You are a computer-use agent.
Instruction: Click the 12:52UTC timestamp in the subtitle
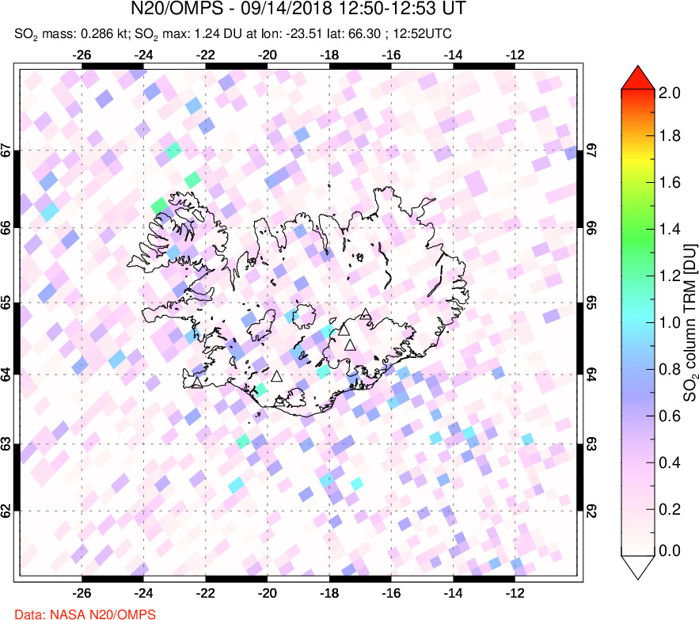[428, 35]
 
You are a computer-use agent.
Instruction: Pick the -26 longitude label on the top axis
[81, 55]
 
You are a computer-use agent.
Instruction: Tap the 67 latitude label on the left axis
[6, 150]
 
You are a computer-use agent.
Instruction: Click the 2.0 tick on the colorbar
[670, 92]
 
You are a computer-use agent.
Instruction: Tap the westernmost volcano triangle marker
[196, 383]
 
